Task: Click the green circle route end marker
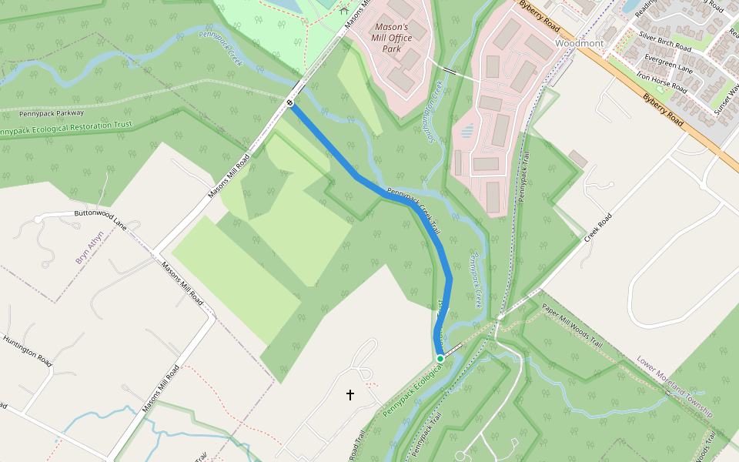pos(440,359)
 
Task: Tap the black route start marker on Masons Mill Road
pos(290,103)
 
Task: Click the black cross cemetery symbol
pos(350,395)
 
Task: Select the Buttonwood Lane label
pos(100,217)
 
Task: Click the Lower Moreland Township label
pos(675,387)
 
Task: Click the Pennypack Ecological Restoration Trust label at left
pos(65,128)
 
